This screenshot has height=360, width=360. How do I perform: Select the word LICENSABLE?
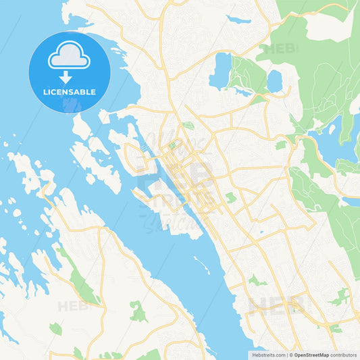pyautogui.click(x=70, y=91)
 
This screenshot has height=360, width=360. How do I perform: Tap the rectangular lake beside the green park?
pyautogui.click(x=220, y=71)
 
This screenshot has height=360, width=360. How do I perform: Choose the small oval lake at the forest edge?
pyautogui.click(x=274, y=81)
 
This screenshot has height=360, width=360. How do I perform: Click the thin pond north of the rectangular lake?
pyautogui.click(x=238, y=20)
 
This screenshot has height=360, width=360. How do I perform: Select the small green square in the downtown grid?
pyautogui.click(x=172, y=145)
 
